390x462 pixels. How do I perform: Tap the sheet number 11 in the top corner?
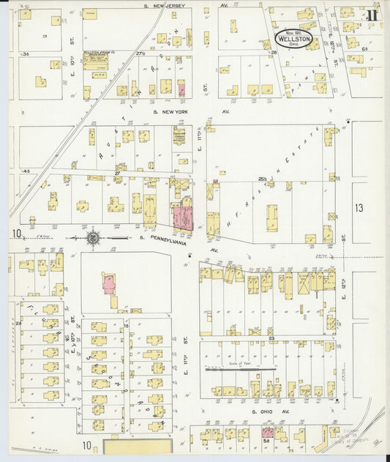[372, 13]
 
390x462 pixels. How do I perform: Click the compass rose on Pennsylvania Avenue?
[94, 237]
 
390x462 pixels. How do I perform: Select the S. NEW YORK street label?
[170, 111]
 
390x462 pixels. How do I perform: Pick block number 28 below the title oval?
[274, 53]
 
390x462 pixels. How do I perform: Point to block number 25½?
[261, 178]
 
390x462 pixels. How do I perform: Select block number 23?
[271, 338]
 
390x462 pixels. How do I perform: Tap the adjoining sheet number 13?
[359, 208]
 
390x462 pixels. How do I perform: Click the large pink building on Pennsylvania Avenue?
[182, 218]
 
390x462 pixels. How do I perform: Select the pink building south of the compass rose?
[109, 284]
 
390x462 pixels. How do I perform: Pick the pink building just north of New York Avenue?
[181, 91]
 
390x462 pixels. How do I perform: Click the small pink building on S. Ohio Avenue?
[267, 433]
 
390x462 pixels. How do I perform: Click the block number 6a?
[364, 48]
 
